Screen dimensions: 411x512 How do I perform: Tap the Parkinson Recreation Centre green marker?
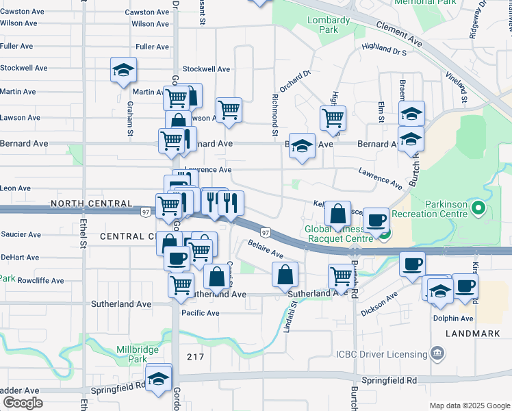pos(478,208)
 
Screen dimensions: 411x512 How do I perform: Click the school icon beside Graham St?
pos(123,71)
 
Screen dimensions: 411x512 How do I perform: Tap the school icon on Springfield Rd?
pos(159,378)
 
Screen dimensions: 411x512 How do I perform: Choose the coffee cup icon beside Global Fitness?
pos(376,221)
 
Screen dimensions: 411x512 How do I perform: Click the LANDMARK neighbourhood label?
pos(468,333)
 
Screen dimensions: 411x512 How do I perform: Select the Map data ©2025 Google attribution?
pos(469,406)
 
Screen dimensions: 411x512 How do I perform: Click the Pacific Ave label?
pos(200,313)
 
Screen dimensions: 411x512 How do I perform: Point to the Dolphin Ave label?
pos(452,319)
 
